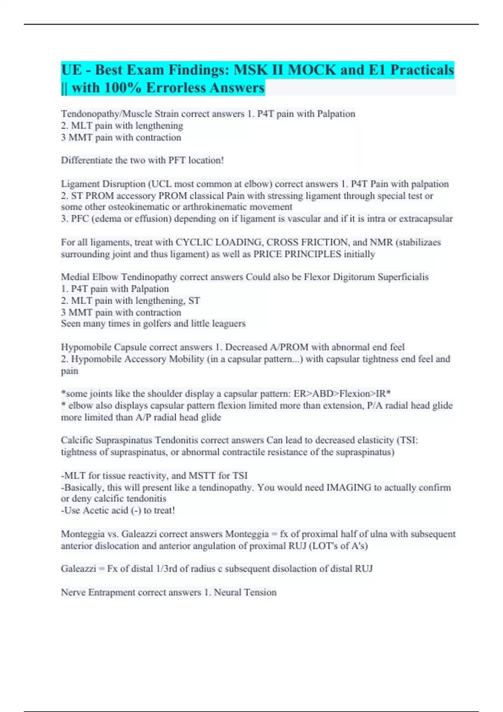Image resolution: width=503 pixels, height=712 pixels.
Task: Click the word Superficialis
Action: [x=403, y=277]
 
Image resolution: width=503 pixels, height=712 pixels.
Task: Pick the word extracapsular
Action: [x=426, y=219]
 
